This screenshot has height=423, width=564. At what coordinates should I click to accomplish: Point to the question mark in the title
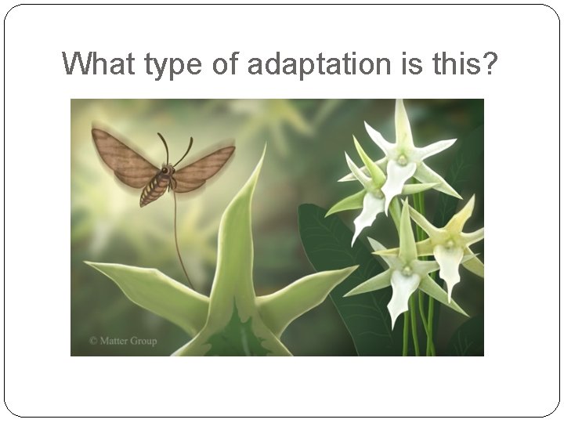[489, 64]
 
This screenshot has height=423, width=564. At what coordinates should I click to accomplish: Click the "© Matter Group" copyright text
[122, 341]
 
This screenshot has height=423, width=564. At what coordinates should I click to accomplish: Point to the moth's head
[168, 170]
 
